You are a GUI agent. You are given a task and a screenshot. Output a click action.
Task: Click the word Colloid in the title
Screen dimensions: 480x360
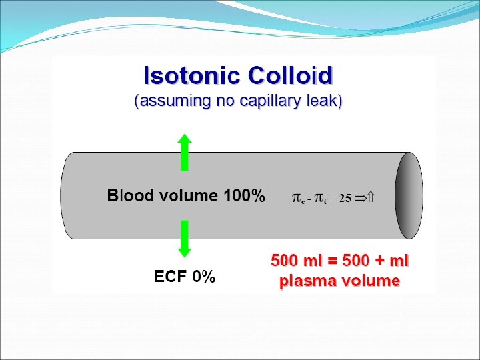(x=290, y=75)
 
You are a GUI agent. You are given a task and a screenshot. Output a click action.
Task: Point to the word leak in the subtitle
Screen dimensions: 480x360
(x=325, y=102)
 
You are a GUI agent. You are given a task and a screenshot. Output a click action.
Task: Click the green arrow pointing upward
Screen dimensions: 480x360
(x=185, y=152)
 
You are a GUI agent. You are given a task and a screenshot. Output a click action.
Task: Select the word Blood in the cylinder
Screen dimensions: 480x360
(x=129, y=196)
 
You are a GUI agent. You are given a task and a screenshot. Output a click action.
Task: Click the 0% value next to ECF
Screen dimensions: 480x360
(x=203, y=277)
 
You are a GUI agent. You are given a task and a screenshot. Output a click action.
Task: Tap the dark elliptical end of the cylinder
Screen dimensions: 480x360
(x=408, y=195)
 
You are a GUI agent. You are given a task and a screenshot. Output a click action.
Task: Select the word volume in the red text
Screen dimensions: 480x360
(x=371, y=281)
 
